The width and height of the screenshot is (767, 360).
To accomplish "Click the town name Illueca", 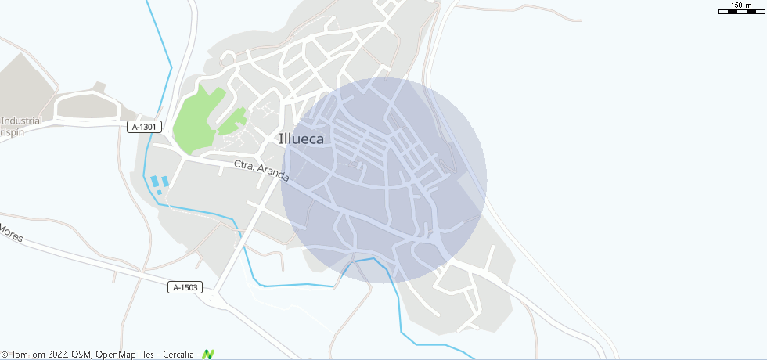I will tap(305, 139).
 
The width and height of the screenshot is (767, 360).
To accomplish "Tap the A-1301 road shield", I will tap(145, 127).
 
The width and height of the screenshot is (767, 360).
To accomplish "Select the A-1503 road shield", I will tap(185, 287).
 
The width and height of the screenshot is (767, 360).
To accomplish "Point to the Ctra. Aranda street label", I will tap(261, 171).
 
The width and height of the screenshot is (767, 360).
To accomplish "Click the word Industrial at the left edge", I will tap(22, 121).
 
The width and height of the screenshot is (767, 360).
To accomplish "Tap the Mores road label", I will tap(11, 233).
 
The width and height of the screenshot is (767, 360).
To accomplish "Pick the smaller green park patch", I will tap(232, 121).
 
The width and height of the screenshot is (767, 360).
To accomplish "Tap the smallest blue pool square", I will tap(160, 192).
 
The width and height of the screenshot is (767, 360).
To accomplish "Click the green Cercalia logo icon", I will tap(208, 355).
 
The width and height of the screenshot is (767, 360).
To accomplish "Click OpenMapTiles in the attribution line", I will tap(126, 355).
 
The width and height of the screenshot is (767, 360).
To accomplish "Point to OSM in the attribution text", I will tap(81, 355).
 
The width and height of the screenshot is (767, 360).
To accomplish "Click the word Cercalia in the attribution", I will tap(179, 355).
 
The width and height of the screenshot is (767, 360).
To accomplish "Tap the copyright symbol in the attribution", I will tap(5, 355).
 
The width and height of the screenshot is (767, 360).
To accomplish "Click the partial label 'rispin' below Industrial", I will tap(12, 133).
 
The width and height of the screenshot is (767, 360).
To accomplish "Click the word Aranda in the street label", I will tap(273, 175).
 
